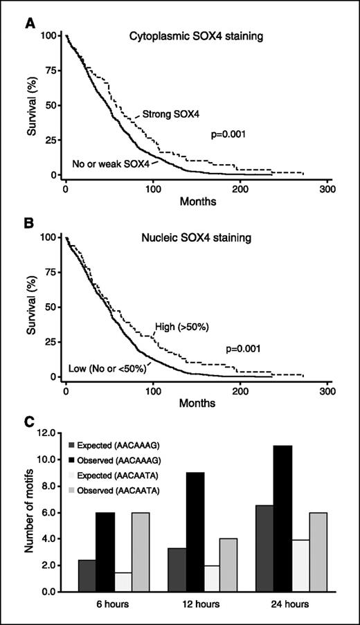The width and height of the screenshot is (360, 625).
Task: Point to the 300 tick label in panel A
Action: tap(328, 190)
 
